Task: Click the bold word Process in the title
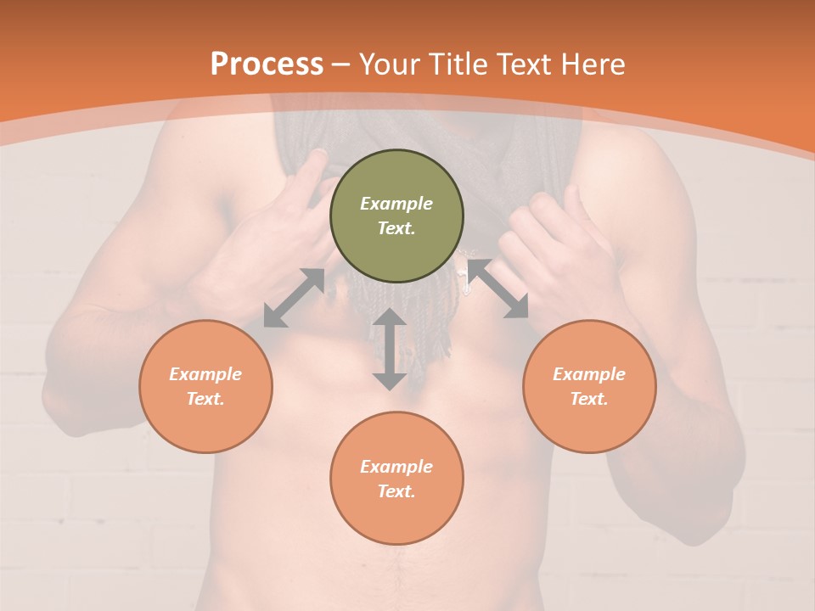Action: pos(267,64)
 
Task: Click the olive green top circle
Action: pos(396,216)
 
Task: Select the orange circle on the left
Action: pos(205,386)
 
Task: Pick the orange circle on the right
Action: pos(589,386)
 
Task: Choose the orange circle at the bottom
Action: pos(396,479)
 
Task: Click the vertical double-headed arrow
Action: pos(390,349)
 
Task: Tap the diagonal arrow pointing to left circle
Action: pos(294,298)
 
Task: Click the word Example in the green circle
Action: pos(396,204)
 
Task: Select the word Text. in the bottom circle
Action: pos(396,491)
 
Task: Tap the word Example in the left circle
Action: pos(205,374)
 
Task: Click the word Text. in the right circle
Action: pos(589,399)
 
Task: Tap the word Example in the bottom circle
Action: pos(396,467)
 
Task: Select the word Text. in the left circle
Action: pos(205,399)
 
